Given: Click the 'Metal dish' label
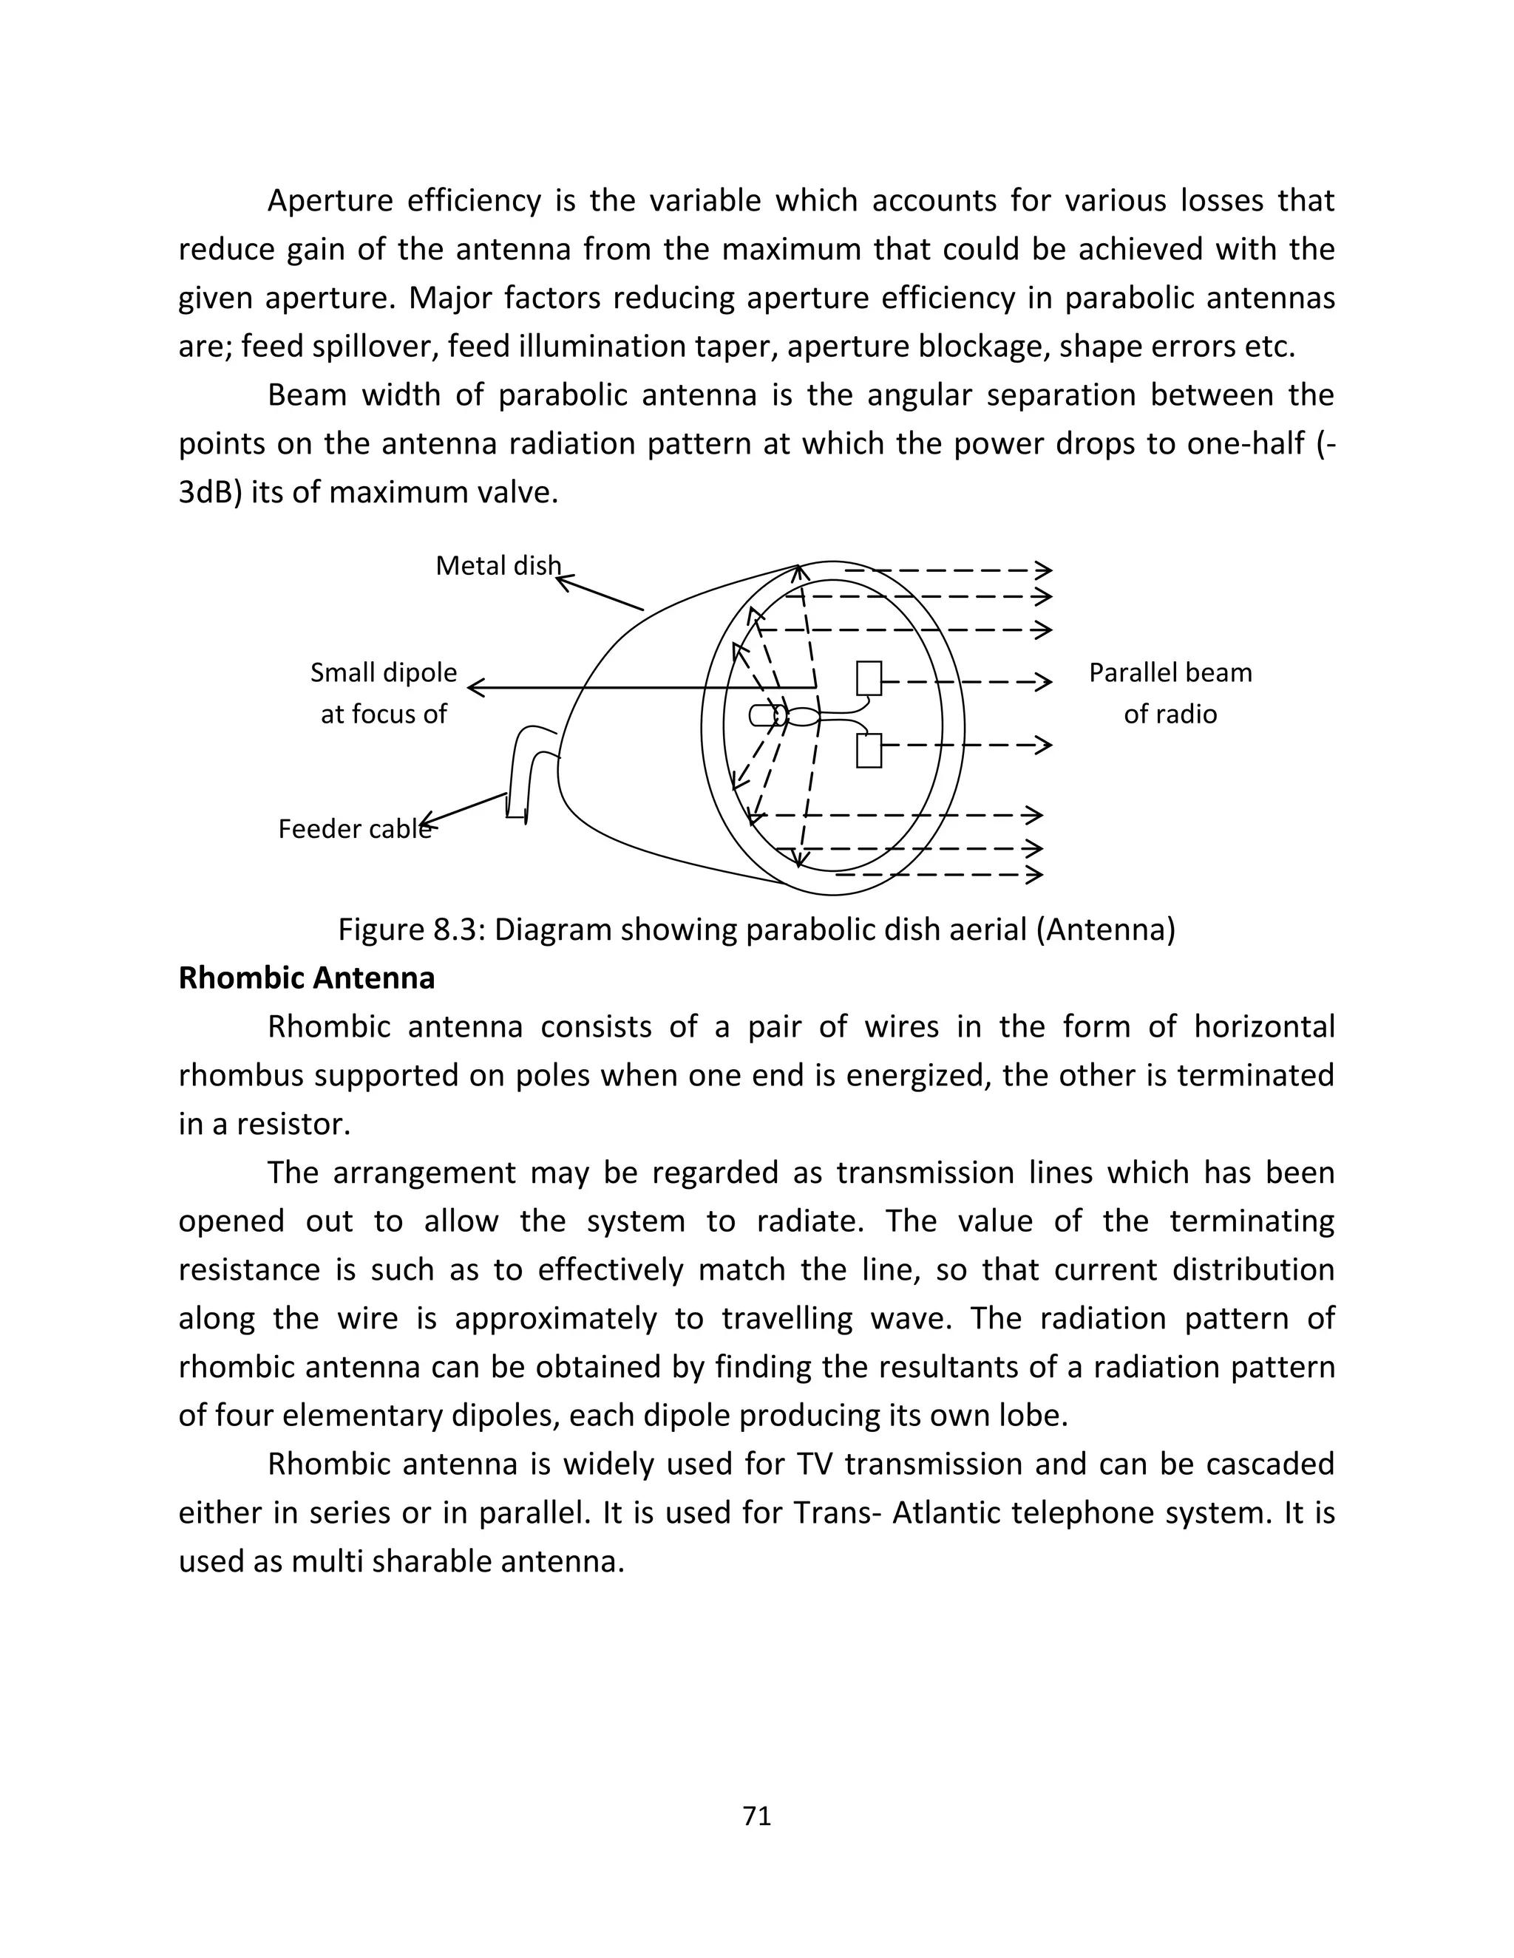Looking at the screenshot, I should [498, 566].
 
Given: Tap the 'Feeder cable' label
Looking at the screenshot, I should [354, 828].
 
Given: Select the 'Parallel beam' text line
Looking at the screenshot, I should [1170, 672].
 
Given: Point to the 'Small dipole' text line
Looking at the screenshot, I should [383, 672].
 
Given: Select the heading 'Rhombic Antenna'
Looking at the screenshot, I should [307, 978].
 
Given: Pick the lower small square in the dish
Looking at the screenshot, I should [868, 751].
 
